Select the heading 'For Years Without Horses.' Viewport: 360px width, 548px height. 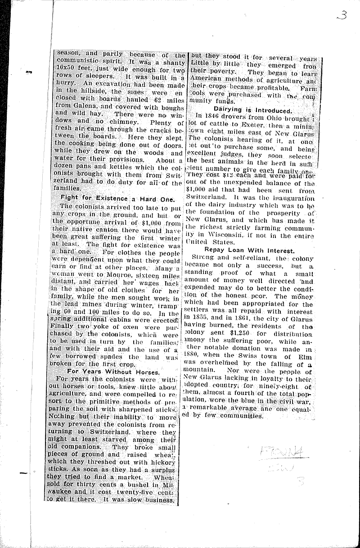(x=113, y=372)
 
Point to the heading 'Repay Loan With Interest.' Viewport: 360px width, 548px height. (x=249, y=250)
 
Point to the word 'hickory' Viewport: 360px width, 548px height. (x=162, y=458)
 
